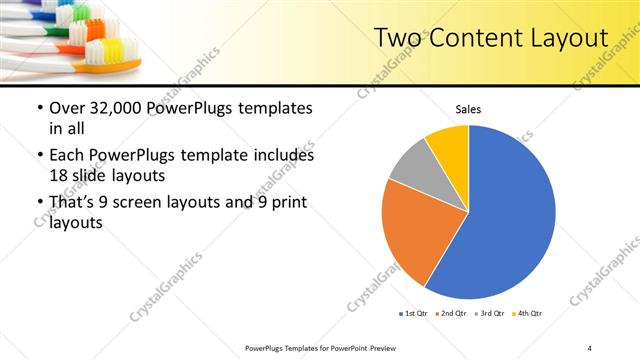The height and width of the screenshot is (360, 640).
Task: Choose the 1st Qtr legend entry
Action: (414, 315)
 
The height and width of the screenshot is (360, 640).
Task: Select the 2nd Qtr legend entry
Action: (452, 315)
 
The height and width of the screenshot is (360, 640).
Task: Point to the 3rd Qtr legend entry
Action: (490, 315)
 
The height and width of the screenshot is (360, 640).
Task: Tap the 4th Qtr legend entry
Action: (527, 315)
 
